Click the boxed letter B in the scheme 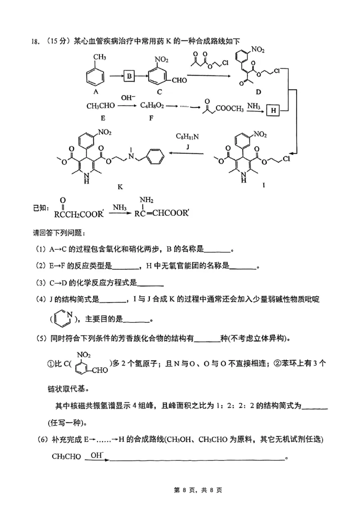(x=129, y=76)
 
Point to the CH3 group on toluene (x=99, y=57)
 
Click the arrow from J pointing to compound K (x=189, y=154)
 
